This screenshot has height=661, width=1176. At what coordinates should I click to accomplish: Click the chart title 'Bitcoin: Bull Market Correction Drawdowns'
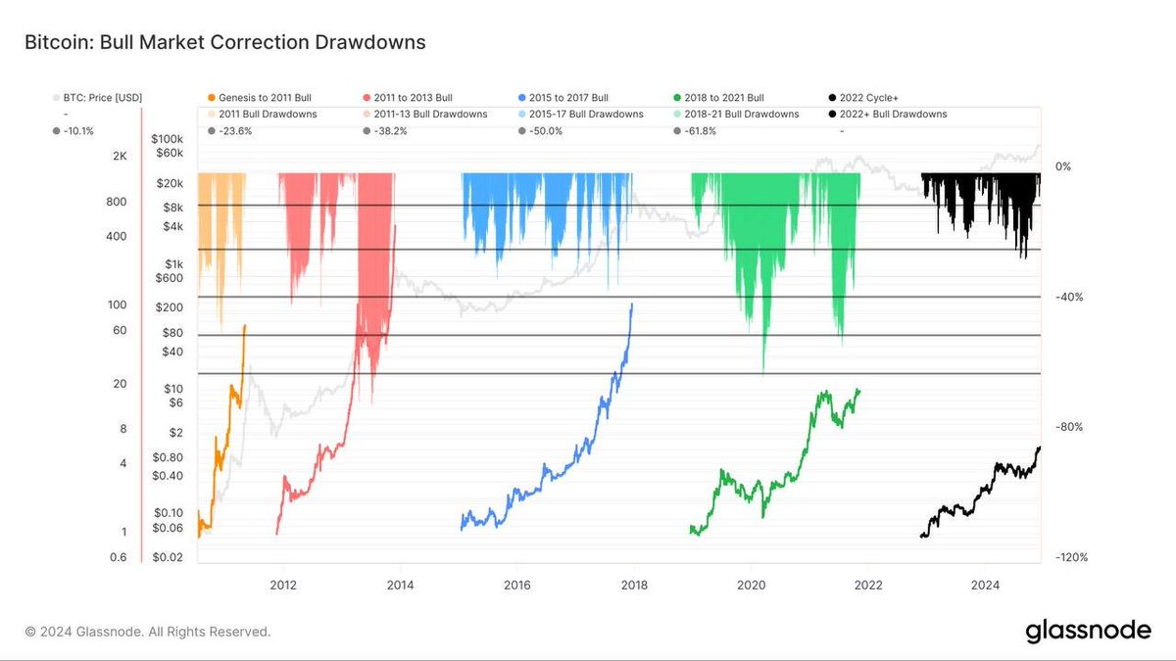tap(225, 43)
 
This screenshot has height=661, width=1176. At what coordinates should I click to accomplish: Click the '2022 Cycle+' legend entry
tap(873, 98)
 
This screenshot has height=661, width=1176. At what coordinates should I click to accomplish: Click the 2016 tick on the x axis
tap(516, 586)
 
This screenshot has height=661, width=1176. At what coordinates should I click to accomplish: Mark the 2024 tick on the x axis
tap(985, 586)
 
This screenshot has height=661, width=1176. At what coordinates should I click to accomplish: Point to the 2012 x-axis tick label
tap(283, 586)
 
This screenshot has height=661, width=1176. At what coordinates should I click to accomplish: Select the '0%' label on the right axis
tap(1063, 166)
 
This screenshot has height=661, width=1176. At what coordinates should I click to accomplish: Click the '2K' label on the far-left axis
tap(120, 157)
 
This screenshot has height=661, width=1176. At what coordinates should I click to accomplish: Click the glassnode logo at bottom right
tap(1088, 632)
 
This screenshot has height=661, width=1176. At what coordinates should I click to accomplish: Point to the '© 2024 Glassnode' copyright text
tap(148, 632)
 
